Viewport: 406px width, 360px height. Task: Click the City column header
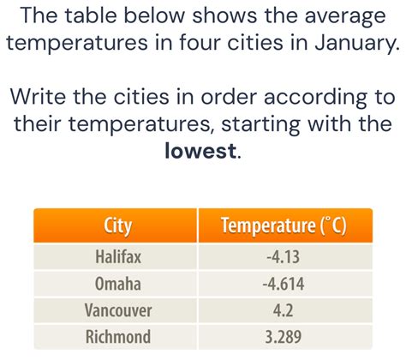[x=117, y=227]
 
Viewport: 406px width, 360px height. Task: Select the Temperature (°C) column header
[x=284, y=227]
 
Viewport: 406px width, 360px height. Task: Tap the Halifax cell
[x=117, y=255]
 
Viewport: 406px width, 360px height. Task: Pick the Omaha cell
[x=117, y=282]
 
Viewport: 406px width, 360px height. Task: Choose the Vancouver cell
[x=117, y=309]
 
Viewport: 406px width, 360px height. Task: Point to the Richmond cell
[x=117, y=336]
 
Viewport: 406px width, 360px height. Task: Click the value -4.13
[x=284, y=255]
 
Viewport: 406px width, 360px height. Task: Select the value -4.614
[x=284, y=282]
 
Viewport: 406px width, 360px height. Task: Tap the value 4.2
[x=284, y=309]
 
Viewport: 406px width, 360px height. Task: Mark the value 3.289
[x=284, y=336]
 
